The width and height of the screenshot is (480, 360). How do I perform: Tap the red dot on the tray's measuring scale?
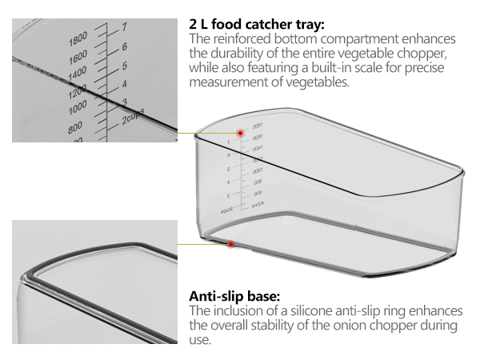tap(240, 133)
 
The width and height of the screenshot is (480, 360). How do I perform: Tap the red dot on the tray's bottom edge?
tap(230, 244)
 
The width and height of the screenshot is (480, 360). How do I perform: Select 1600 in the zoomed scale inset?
tap(77, 58)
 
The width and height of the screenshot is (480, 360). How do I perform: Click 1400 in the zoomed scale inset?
tap(77, 74)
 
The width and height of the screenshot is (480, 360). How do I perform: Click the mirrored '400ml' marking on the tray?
tap(258, 206)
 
